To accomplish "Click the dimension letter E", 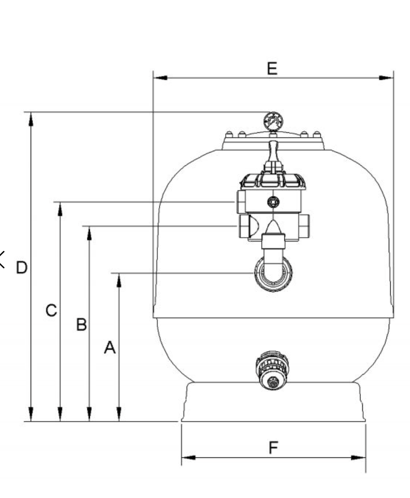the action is pos(272,69).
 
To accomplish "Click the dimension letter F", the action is pos(273,448).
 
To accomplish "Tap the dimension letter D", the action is pos(22,267).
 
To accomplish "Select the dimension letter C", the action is pos(51,310).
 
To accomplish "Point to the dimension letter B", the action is pos(81,325).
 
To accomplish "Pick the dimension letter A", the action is pos(110,347).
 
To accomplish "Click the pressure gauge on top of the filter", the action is pos(273,121).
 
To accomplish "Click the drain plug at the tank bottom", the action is pos(272,370).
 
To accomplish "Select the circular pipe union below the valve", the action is pos(273,273).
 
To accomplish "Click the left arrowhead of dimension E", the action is pos(161,78).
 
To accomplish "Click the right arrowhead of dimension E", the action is pos(386,78).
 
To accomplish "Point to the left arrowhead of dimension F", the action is pos(188,458).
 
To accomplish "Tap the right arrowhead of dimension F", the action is pos(358,458).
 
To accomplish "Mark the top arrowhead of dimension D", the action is pos(31,119).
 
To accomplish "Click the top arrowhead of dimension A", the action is pos(119,280).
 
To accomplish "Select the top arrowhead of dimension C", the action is pos(60,209).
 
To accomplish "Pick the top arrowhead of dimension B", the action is pos(89,233).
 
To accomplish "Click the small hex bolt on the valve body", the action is pos(273,202).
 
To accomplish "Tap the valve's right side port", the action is pos(304,226).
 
